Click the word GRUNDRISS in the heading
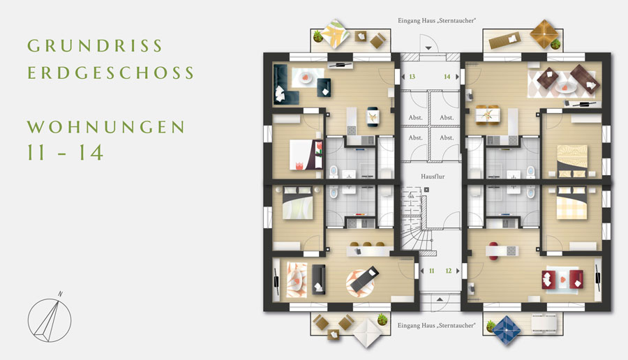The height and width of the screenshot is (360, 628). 94,45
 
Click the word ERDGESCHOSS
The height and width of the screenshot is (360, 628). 110,73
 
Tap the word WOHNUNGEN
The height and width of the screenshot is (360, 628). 106,127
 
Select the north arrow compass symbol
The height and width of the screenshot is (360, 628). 50,317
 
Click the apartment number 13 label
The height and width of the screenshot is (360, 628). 412,77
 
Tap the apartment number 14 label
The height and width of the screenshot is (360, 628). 447,77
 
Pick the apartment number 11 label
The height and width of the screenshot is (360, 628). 431,271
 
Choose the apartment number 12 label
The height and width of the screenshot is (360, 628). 449,271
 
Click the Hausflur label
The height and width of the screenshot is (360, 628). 433,177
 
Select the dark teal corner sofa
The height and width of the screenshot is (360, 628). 285,84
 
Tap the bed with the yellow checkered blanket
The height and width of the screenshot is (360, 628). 571,204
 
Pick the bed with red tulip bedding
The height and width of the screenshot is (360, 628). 306,155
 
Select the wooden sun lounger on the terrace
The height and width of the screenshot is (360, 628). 504,40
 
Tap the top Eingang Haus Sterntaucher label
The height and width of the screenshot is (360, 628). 437,20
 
